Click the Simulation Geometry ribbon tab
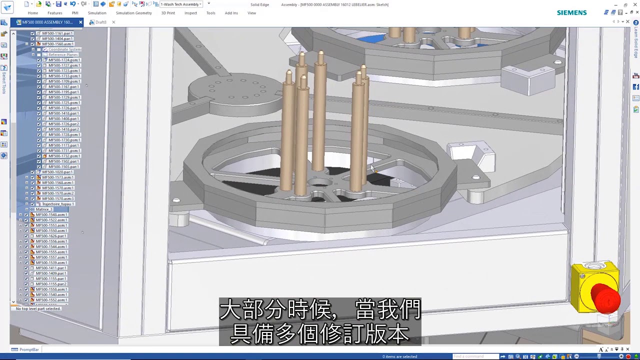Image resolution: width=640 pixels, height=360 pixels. [x=133, y=13]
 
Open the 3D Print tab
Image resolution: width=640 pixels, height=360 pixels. [x=168, y=13]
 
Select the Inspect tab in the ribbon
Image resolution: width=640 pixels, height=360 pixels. [x=190, y=13]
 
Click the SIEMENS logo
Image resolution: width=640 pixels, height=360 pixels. [x=571, y=12]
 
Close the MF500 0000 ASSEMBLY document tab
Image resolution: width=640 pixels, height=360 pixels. [x=80, y=22]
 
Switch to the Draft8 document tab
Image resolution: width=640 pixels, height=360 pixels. [x=100, y=22]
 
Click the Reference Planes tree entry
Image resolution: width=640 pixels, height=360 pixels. [x=62, y=54]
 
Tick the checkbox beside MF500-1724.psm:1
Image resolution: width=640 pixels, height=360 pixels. [x=39, y=60]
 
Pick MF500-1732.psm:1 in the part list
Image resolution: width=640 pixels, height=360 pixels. [x=64, y=156]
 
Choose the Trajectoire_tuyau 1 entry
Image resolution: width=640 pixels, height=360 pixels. [x=57, y=204]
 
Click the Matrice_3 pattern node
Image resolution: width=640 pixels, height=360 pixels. [x=44, y=209]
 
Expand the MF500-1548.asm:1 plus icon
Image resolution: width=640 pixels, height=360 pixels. [x=20, y=215]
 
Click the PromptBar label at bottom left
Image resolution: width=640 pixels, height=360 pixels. [x=28, y=349]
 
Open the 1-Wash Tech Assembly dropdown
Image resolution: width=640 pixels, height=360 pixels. [x=200, y=4]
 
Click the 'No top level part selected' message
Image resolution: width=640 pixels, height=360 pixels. [x=38, y=308]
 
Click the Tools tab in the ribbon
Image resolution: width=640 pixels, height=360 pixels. [x=210, y=13]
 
